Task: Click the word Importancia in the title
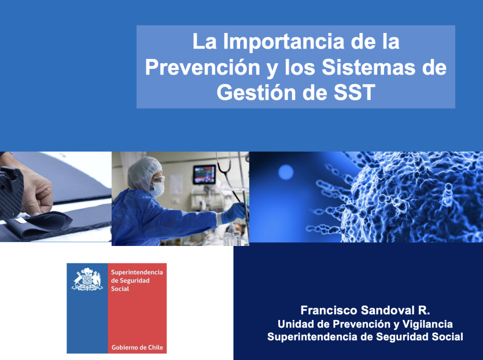283,42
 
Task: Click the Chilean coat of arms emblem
87,279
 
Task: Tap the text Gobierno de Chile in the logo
137,347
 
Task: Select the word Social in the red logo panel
120,289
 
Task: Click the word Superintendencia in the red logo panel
137,272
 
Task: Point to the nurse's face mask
157,189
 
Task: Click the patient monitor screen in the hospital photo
204,174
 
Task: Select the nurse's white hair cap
143,173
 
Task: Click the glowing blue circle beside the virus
286,172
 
